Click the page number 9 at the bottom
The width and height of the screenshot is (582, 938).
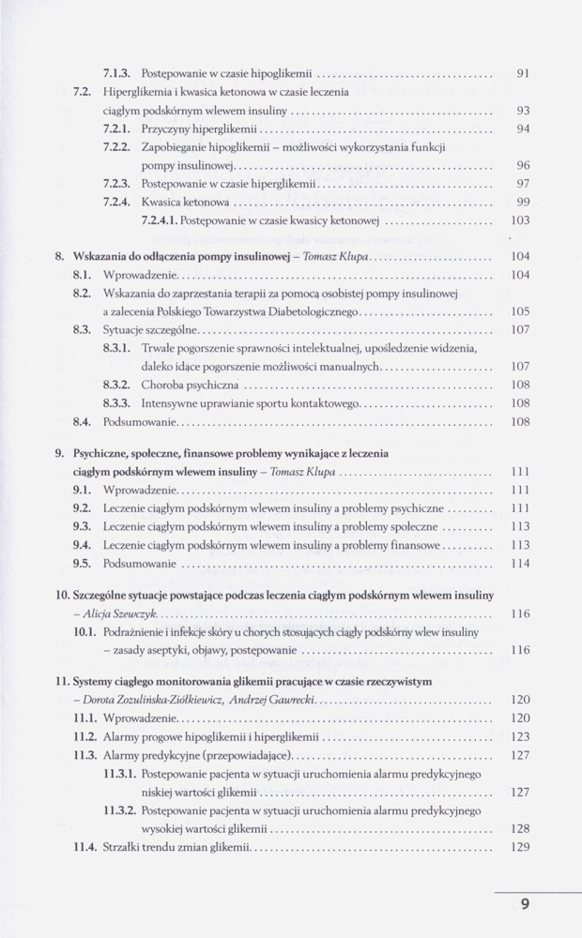[x=525, y=905]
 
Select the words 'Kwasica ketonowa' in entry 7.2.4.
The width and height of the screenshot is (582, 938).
[x=185, y=202]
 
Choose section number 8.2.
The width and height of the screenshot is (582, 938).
[x=81, y=293]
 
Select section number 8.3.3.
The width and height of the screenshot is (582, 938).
[x=117, y=403]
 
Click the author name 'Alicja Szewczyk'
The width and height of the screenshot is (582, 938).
[x=117, y=613]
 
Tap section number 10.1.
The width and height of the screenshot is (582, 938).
[x=84, y=632]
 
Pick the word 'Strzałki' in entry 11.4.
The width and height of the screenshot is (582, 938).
[x=123, y=847]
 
